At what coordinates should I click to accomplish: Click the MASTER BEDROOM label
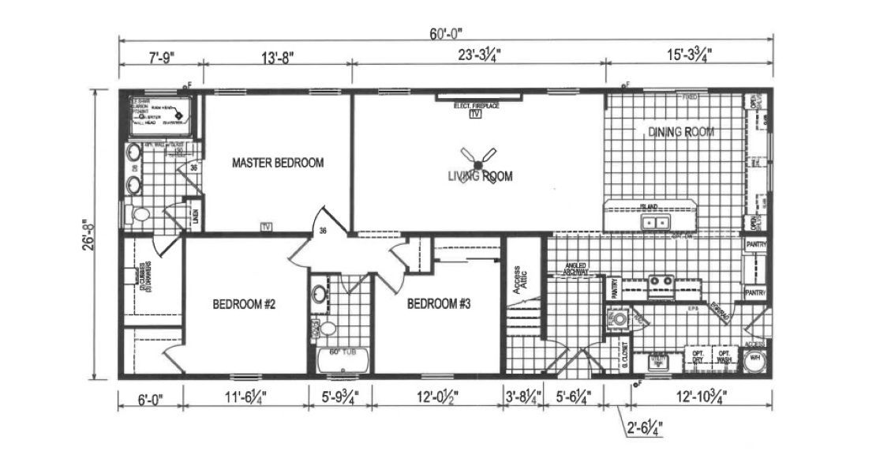278,164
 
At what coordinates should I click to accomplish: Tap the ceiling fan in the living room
477,163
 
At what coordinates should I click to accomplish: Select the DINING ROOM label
682,132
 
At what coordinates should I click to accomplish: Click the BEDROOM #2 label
242,303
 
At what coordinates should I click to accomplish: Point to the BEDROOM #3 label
439,303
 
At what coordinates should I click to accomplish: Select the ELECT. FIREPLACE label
476,106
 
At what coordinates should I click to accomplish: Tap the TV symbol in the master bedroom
266,227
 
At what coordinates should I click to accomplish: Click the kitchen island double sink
654,224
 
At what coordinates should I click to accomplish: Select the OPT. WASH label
724,356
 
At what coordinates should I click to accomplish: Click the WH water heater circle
755,357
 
